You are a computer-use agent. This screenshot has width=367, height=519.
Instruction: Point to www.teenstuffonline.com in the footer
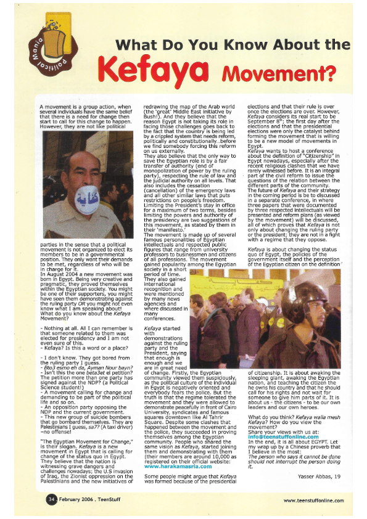313,500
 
